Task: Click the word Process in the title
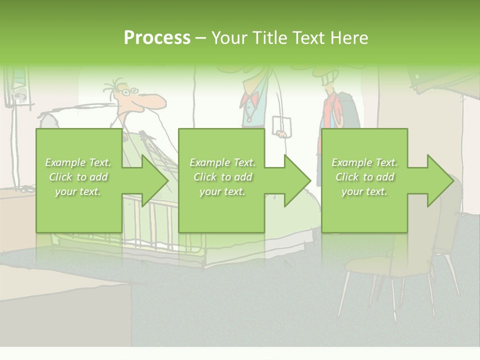pyautogui.click(x=157, y=37)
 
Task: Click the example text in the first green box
pyautogui.click(x=78, y=177)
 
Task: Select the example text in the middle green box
pyautogui.click(x=222, y=177)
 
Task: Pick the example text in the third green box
pyautogui.click(x=364, y=177)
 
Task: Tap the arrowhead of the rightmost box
pyautogui.click(x=439, y=181)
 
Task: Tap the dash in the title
pyautogui.click(x=200, y=38)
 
